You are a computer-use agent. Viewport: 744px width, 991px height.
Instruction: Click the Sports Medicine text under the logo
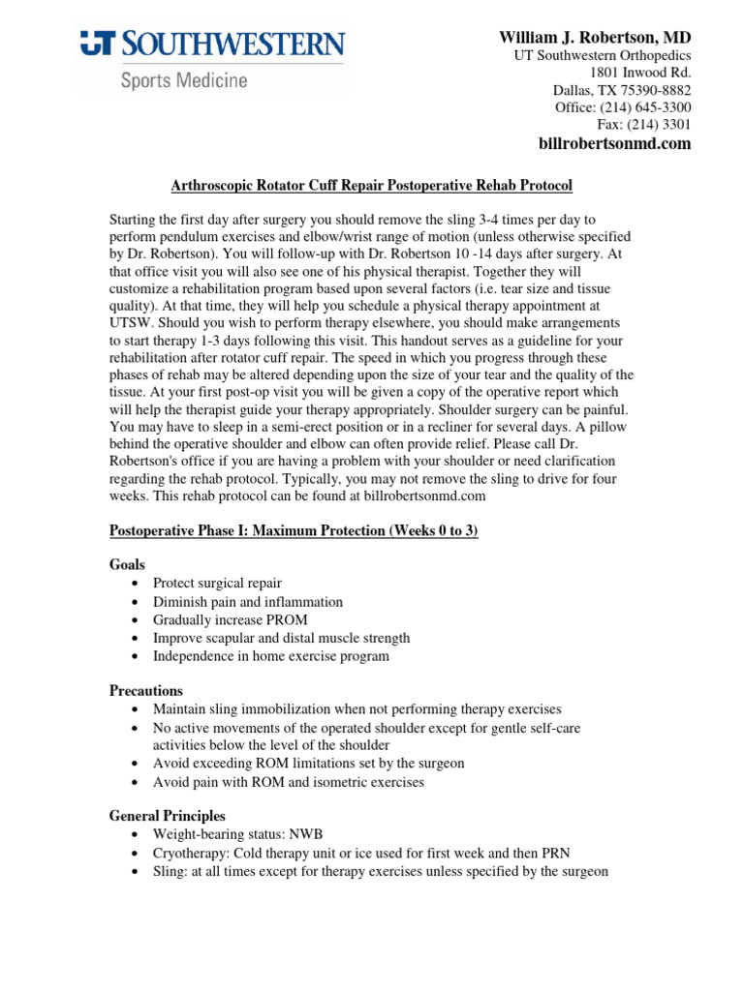[183, 80]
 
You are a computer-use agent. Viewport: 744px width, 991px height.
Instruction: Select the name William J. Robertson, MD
[595, 38]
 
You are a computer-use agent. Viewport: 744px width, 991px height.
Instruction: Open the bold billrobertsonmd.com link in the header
[614, 144]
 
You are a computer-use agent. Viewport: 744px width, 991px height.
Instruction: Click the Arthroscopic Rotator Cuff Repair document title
[372, 185]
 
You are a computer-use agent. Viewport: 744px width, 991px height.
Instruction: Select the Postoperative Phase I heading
[294, 531]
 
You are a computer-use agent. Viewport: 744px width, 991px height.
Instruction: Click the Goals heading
[127, 564]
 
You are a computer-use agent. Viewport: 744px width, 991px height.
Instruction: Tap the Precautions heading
[146, 691]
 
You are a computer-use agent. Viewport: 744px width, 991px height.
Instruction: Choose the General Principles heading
[167, 816]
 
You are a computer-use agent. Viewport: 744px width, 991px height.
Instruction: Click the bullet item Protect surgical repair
[217, 584]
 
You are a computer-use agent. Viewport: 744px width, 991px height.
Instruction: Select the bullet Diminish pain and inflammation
[248, 602]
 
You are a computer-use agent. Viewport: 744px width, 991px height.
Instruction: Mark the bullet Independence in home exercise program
[271, 656]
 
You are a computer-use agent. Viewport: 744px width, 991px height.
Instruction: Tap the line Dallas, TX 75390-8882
[622, 90]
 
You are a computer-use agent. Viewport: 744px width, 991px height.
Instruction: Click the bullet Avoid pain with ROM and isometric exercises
[289, 782]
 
